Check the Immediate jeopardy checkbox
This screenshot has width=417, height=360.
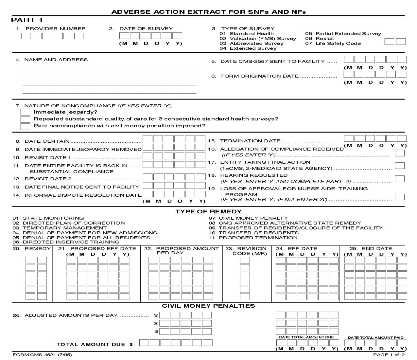(25, 112)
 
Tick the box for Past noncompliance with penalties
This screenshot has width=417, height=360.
(25, 126)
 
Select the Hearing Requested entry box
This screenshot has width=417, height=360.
(399, 179)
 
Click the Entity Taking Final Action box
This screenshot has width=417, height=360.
(399, 166)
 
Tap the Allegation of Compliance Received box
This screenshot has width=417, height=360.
(399, 153)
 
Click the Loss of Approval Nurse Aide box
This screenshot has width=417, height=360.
(399, 197)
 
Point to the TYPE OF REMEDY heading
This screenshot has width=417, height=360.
(208, 211)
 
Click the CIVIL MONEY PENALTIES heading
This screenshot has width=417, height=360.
(208, 306)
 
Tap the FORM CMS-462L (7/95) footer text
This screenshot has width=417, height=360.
(42, 355)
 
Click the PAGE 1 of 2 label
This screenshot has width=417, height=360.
(389, 355)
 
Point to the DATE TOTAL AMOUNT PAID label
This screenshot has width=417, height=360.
(375, 337)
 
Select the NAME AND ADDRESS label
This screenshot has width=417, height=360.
(56, 60)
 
